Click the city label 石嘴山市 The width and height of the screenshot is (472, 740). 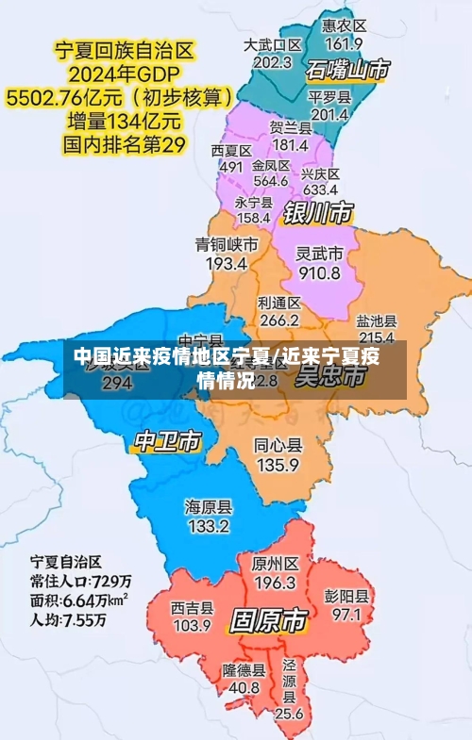(x=347, y=69)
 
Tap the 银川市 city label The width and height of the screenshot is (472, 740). (x=318, y=211)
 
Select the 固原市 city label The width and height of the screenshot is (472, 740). (x=268, y=621)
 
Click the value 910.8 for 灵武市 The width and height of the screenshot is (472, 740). (x=319, y=273)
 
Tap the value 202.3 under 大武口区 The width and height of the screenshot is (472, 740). (x=273, y=62)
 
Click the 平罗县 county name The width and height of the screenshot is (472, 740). (x=329, y=97)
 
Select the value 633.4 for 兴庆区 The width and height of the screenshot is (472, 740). (x=320, y=189)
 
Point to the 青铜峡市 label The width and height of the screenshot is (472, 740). (x=227, y=244)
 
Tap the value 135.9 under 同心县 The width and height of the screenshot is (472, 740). (x=278, y=465)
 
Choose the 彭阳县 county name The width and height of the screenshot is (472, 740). (x=346, y=596)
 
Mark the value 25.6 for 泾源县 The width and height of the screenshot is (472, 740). (x=289, y=714)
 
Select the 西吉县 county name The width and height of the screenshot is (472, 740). (x=193, y=607)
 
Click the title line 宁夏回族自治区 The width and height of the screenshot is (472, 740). (x=121, y=48)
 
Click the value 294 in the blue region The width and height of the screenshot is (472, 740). (x=117, y=383)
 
